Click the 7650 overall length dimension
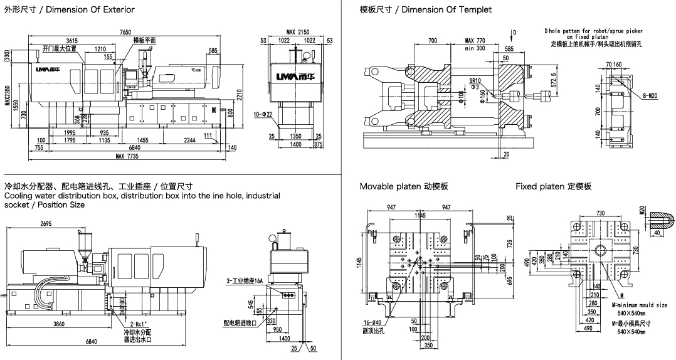coord(125,32)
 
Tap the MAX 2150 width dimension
coord(298,32)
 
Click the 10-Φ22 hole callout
coord(263,115)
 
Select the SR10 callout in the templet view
coord(475,80)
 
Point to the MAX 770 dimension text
coord(475,40)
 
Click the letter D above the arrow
coord(515,32)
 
